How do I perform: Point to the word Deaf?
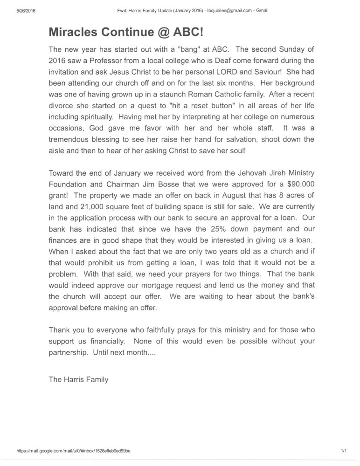click(219, 61)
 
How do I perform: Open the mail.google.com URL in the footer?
click(74, 452)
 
